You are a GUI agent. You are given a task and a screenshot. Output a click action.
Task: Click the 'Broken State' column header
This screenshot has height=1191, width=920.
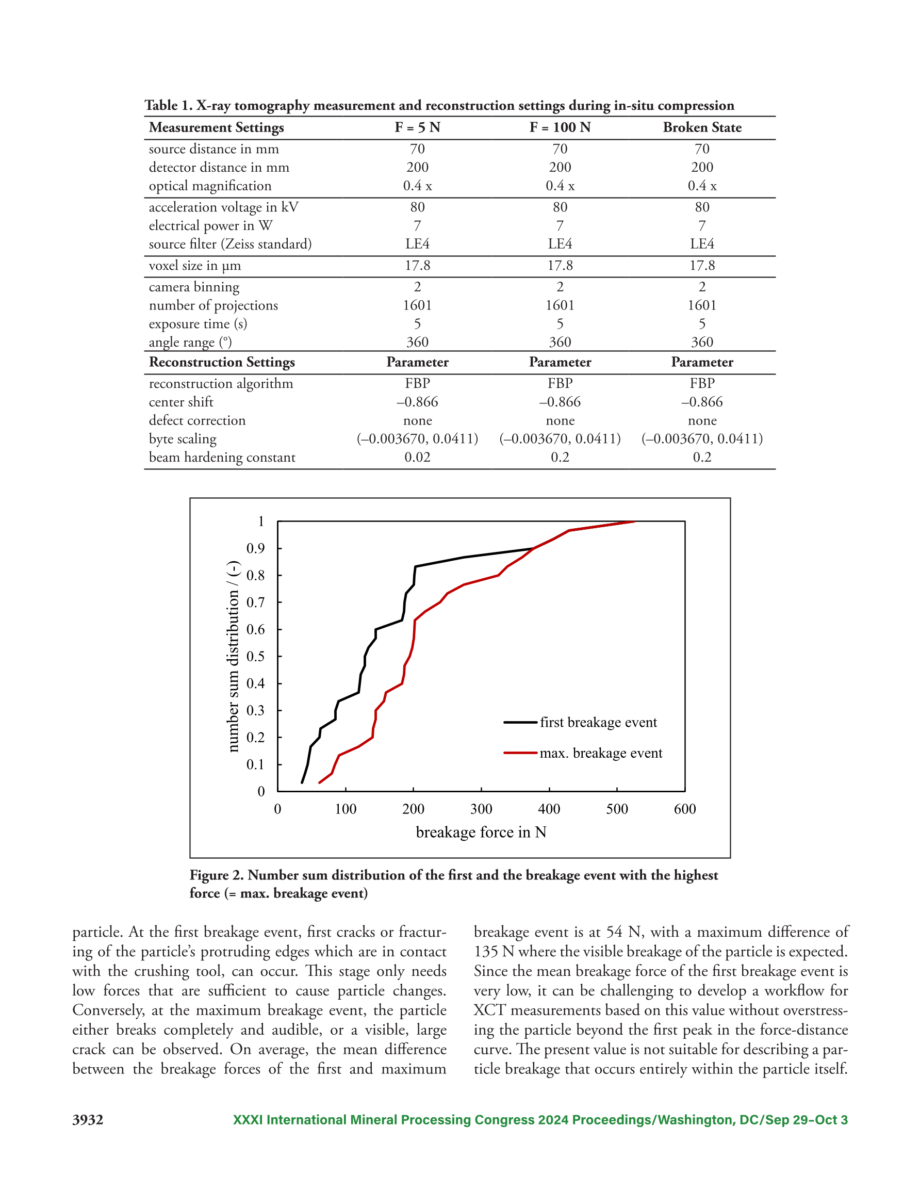(x=702, y=127)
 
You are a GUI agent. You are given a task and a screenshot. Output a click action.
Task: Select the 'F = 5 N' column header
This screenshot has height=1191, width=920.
(x=417, y=127)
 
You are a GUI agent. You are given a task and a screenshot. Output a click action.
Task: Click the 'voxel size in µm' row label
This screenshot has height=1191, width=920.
(x=195, y=266)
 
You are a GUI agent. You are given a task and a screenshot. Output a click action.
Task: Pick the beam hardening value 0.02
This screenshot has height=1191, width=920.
(x=417, y=458)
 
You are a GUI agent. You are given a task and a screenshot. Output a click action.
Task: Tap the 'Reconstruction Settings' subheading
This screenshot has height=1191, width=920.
(x=222, y=363)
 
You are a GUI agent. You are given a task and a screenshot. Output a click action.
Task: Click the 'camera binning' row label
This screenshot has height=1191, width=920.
(x=194, y=287)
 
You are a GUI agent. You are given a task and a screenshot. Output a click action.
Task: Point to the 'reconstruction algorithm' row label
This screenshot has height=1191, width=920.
(x=221, y=384)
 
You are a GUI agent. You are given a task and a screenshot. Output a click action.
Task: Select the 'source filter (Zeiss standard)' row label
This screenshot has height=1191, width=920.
(x=230, y=244)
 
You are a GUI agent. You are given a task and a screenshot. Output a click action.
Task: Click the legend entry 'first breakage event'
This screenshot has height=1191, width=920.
(x=598, y=723)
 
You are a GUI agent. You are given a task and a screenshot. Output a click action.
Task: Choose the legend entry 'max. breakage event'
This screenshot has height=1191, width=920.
(x=601, y=753)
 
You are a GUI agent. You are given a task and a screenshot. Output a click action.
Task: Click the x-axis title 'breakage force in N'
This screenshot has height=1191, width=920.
(x=481, y=832)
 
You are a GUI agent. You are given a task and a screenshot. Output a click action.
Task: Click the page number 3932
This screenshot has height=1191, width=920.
(x=88, y=1120)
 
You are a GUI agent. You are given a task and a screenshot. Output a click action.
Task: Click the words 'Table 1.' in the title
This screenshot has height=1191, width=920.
(x=169, y=106)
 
